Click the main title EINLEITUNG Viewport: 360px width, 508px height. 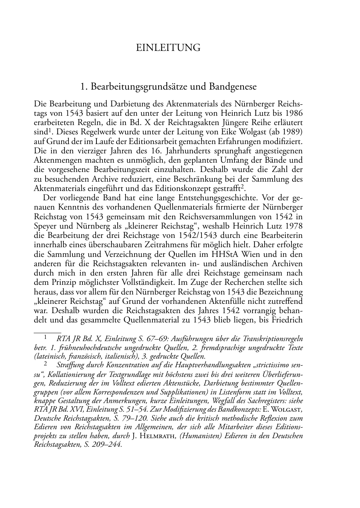(x=168, y=48)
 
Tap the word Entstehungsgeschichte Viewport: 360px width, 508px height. (x=221, y=198)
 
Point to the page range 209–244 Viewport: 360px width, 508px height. (x=104, y=445)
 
